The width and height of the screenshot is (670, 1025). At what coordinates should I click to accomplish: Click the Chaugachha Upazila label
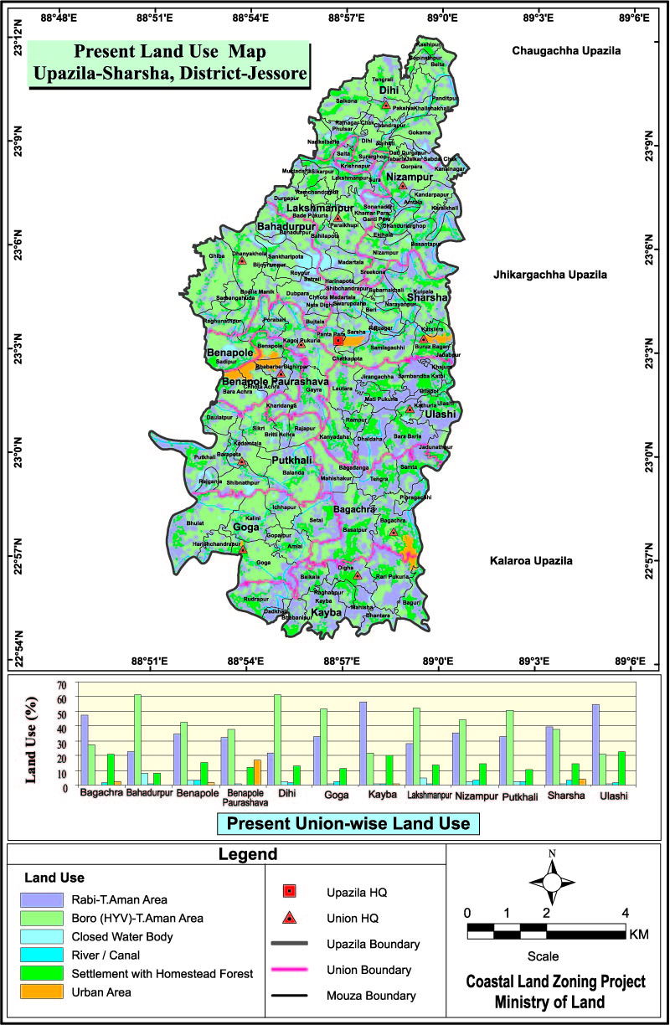coord(566,51)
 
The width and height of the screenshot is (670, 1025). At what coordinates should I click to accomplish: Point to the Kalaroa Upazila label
coord(531,561)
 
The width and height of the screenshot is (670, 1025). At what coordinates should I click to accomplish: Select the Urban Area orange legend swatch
coord(43,992)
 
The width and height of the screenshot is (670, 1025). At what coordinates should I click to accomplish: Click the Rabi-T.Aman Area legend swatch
coord(43,899)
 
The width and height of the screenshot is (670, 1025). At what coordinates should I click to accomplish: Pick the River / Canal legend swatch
coord(43,955)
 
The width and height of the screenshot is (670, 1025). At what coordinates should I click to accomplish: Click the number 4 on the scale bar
coord(625,912)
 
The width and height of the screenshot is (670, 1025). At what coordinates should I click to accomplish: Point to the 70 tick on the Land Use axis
coord(60,685)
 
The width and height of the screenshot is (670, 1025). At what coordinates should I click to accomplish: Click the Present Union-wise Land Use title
coord(348,823)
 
